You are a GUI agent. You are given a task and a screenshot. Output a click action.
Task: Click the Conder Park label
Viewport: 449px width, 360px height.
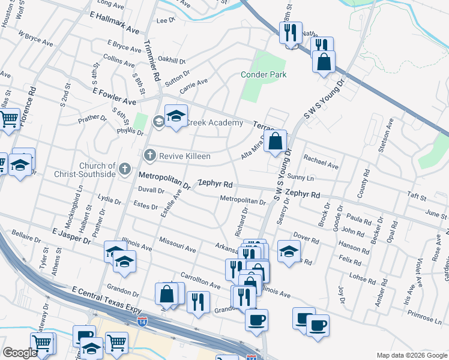264,74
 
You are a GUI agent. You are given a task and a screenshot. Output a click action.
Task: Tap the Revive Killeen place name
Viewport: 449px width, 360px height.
184,156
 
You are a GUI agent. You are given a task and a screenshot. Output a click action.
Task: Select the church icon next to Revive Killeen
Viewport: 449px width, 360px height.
149,156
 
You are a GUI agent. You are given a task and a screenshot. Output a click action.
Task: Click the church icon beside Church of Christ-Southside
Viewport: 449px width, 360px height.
124,169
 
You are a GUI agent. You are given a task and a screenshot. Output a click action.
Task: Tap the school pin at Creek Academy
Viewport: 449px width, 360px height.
176,117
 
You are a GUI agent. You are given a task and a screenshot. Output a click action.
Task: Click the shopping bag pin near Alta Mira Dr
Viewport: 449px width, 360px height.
276,142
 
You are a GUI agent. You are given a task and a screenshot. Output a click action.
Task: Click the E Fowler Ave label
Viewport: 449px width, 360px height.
114,92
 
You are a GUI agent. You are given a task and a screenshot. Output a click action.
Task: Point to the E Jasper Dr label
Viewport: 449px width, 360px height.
71,235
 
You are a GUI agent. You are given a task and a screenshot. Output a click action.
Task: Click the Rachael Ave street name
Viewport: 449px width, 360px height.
321,161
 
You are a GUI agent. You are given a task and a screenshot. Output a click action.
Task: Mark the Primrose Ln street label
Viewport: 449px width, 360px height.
424,317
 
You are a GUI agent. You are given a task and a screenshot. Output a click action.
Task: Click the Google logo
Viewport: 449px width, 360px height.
19,353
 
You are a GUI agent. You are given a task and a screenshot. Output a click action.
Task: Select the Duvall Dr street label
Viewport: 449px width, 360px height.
151,191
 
